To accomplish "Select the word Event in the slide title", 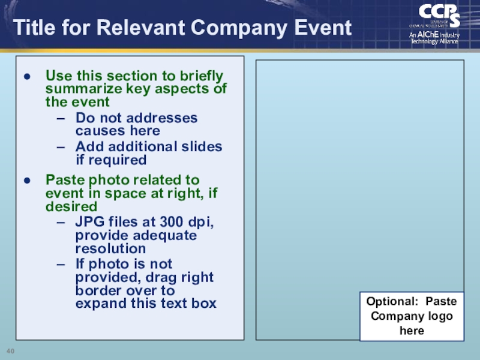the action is (x=322, y=28).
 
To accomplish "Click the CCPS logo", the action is (x=439, y=15).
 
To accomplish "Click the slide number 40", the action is (x=10, y=350).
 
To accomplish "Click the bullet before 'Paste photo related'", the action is (x=27, y=181).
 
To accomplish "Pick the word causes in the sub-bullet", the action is (x=96, y=131).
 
